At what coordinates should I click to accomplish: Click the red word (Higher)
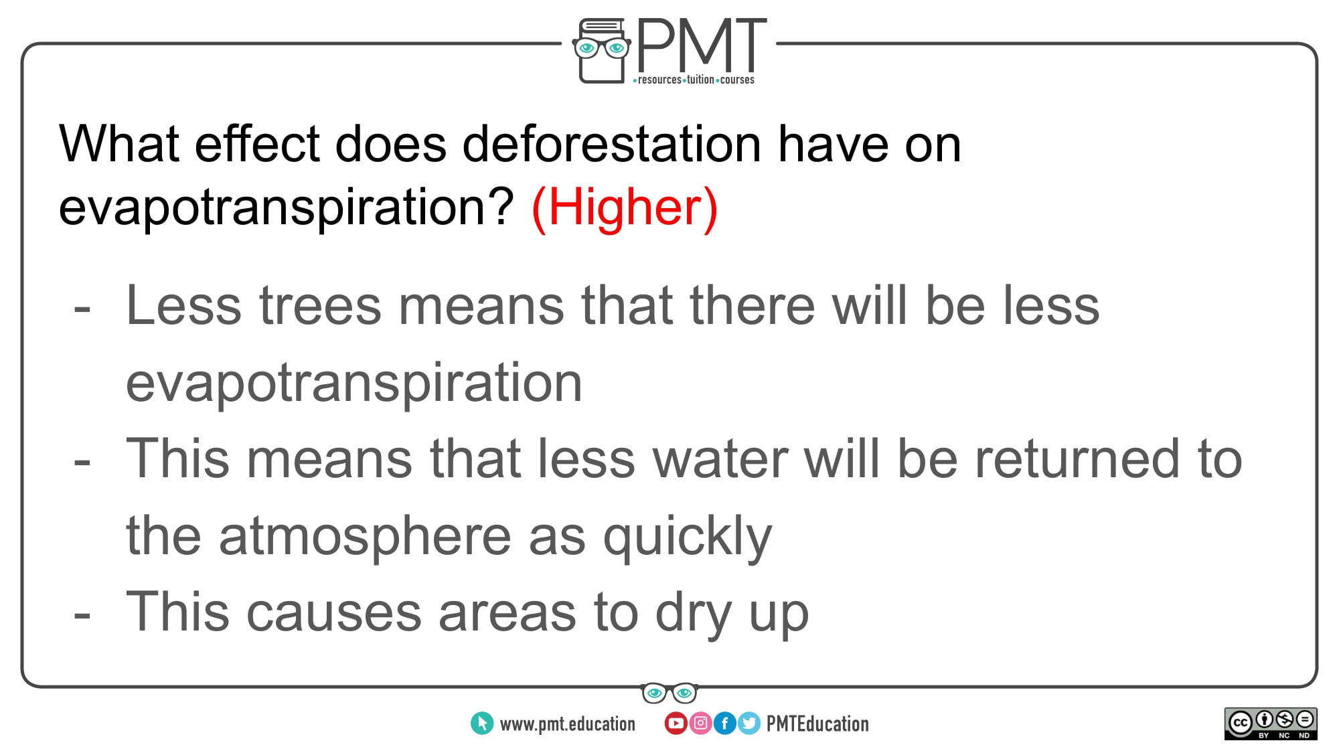click(624, 207)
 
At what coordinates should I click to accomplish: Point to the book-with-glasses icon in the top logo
click(602, 51)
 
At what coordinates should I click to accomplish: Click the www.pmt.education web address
click(568, 724)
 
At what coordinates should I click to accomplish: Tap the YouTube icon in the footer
click(676, 723)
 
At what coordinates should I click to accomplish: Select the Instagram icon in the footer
click(700, 723)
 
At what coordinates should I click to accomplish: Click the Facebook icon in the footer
click(724, 723)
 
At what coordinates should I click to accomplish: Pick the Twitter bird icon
click(749, 723)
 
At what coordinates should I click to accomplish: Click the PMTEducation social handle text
click(817, 724)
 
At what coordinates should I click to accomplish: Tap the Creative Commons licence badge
click(1271, 724)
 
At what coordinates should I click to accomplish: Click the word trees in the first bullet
click(320, 306)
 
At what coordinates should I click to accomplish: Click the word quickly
click(688, 537)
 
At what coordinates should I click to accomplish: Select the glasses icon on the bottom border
click(669, 693)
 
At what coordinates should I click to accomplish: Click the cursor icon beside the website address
click(482, 723)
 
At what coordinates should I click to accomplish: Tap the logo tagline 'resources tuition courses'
click(694, 80)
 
